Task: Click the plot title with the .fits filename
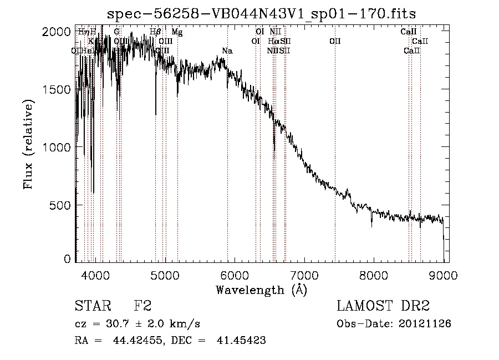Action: click(261, 13)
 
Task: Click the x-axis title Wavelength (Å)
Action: click(261, 290)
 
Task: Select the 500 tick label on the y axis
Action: click(60, 205)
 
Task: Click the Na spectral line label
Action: click(227, 51)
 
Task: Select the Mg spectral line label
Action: click(177, 32)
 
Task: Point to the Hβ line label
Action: click(156, 32)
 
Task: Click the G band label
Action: click(116, 32)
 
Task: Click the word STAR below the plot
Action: click(91, 306)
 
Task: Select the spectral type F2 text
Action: click(142, 306)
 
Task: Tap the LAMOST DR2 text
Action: click(383, 306)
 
